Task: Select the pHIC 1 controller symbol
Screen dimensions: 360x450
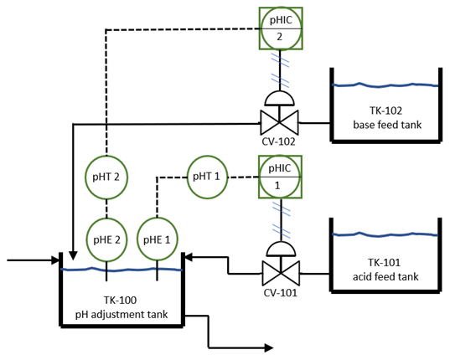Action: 279,177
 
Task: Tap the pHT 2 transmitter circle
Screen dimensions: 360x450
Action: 106,177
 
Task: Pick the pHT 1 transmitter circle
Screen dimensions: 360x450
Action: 206,177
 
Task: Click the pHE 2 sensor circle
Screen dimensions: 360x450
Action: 106,239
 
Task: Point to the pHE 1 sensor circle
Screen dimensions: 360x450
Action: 158,239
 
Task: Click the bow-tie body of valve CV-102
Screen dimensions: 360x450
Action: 279,122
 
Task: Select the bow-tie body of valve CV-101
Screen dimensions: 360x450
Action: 279,272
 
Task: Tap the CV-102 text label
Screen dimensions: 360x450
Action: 279,141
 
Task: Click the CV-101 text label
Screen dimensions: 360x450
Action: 279,293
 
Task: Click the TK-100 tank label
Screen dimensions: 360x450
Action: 121,301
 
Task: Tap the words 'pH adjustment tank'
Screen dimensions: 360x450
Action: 121,316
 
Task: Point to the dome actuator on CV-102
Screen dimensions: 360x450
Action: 279,98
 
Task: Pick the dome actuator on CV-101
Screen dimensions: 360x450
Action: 279,248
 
